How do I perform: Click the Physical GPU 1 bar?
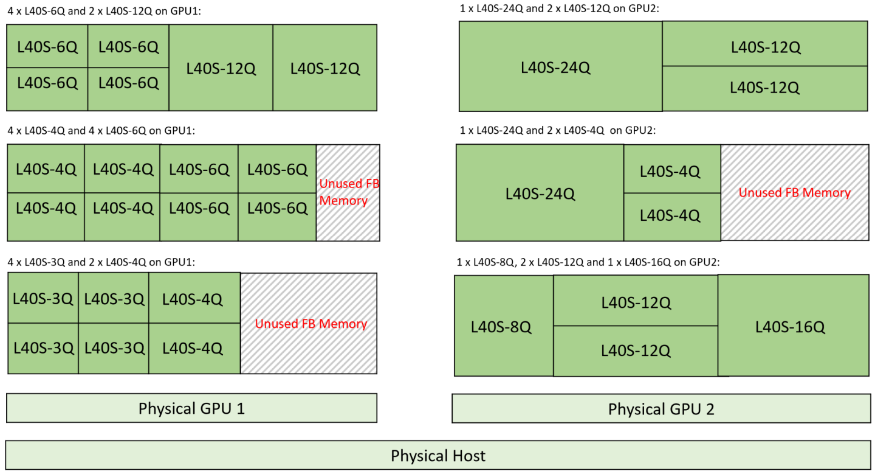coord(191,408)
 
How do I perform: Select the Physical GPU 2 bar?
coord(661,408)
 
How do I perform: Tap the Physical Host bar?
coord(437,455)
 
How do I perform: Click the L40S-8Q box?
coord(503,327)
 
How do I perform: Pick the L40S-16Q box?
coord(792,326)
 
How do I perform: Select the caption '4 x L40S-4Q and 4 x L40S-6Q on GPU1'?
coord(100,130)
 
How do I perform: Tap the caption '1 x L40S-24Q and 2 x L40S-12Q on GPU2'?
coord(555,8)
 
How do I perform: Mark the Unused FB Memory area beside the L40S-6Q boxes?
coord(348,192)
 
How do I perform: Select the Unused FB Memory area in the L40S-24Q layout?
coord(794,193)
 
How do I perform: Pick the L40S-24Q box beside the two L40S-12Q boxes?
coord(560,67)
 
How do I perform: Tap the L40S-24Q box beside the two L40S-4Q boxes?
coord(540,193)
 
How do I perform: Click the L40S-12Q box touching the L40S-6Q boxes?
coord(221,68)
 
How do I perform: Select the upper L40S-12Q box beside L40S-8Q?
coord(635,302)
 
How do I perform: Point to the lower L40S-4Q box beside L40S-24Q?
coord(671,217)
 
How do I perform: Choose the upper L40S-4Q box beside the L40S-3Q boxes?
coord(194,299)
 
